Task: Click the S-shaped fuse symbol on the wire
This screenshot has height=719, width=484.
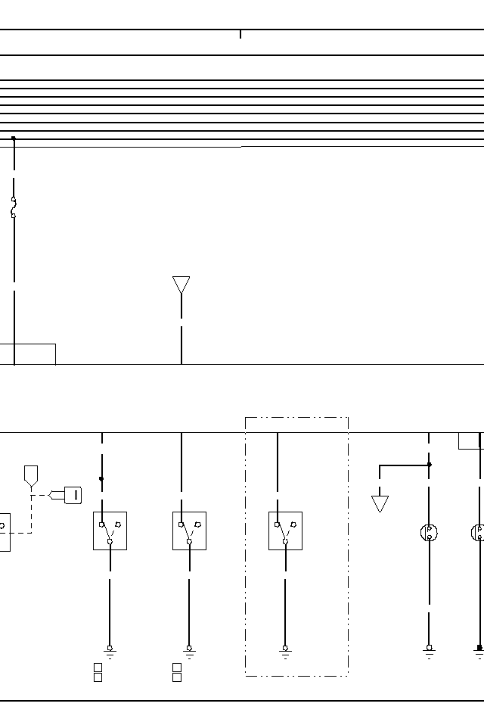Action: (x=14, y=207)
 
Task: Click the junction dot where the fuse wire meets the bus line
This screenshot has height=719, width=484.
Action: (x=14, y=139)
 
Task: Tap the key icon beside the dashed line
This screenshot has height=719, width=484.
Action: (x=73, y=496)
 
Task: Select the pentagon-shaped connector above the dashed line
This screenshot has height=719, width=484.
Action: (x=31, y=475)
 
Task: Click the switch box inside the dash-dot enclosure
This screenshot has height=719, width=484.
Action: (x=285, y=531)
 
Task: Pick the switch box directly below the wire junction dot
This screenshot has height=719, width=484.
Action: (x=110, y=531)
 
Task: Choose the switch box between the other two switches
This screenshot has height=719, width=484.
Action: (x=189, y=531)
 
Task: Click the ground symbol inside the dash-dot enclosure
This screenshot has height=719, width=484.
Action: (x=285, y=650)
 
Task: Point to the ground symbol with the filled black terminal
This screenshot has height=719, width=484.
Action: (x=479, y=650)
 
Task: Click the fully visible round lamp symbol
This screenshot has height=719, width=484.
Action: (x=429, y=532)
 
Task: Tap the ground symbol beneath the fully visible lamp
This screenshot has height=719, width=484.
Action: (x=429, y=650)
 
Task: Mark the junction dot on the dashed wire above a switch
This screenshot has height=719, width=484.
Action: (x=101, y=479)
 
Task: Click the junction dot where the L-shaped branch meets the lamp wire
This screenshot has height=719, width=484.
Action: (x=429, y=465)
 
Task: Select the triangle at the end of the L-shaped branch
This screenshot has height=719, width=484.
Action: (x=380, y=503)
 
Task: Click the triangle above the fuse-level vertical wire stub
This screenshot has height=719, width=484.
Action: (x=181, y=285)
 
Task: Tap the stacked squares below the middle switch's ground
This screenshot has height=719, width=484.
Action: (x=177, y=672)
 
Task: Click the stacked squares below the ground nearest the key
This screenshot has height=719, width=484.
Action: (x=98, y=672)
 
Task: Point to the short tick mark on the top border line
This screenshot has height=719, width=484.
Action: (x=240, y=34)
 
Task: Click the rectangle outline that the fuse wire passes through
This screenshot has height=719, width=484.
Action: (x=27, y=354)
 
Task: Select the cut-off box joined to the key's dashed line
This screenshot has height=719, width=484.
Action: (x=4, y=532)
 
